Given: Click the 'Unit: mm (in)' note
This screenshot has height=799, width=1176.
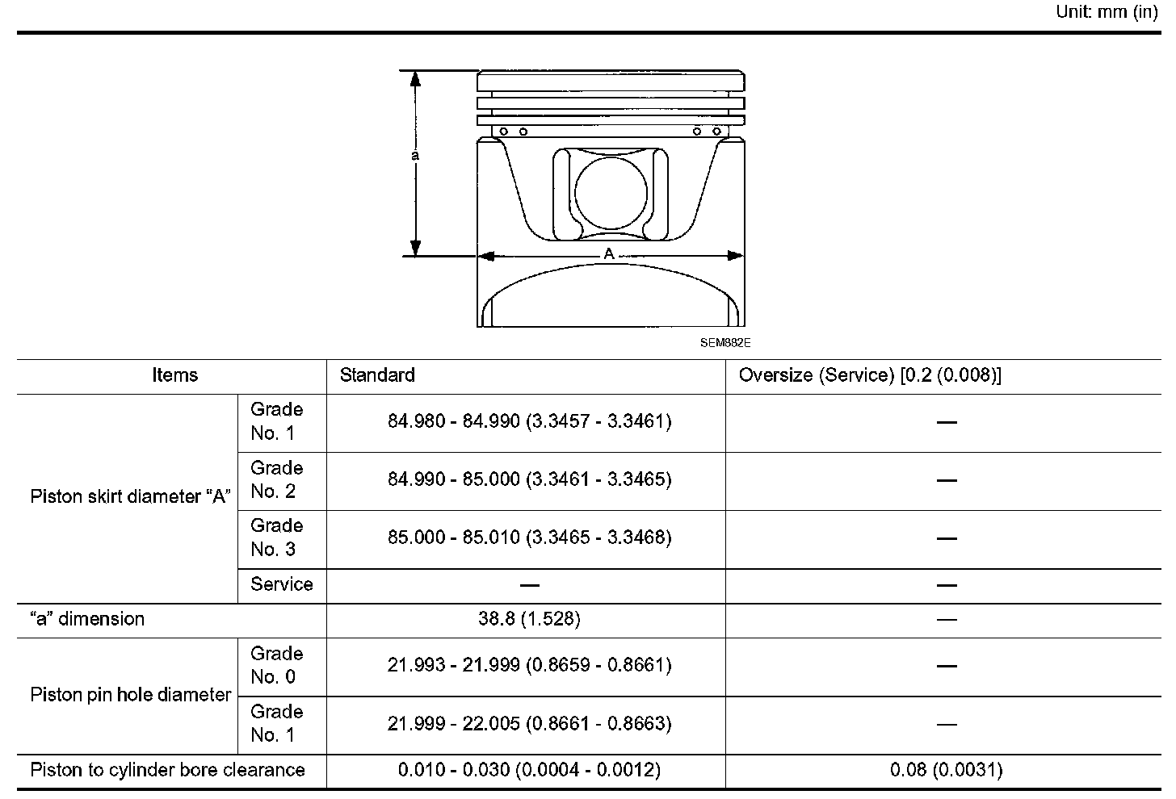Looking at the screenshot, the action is [1107, 11].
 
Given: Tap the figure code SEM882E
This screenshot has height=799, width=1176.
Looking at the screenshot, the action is [725, 343].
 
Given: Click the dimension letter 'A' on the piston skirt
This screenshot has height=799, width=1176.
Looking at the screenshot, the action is [609, 254].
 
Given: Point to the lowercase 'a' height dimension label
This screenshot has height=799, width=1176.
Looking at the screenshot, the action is [415, 155].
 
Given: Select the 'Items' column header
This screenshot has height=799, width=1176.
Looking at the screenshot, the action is [174, 375].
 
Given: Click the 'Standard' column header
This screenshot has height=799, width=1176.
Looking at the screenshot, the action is [377, 375].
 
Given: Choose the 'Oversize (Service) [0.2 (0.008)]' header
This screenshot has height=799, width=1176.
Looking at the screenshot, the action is [870, 375].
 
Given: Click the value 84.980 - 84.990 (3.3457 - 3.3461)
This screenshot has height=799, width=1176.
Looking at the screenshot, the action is [529, 421].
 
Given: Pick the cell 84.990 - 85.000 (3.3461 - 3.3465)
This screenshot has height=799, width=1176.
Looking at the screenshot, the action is [529, 479].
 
